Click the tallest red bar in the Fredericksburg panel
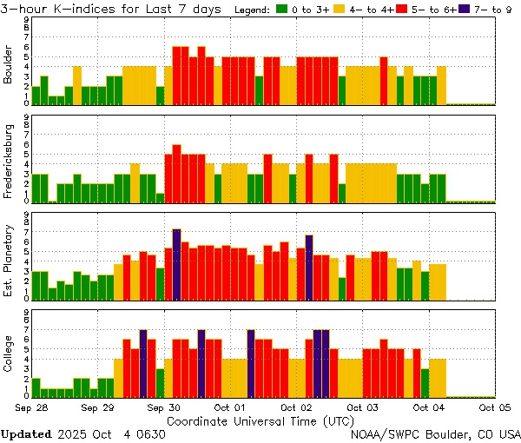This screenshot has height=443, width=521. [x=176, y=173]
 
